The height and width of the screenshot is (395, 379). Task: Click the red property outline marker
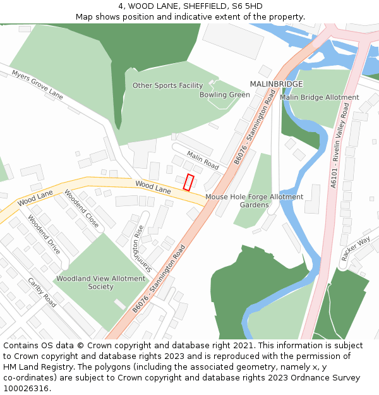coord(188,182)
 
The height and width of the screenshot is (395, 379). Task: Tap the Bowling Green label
coord(224,95)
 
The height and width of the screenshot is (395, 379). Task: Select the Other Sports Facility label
coord(167,85)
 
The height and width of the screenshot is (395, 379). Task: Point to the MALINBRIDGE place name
coord(276,84)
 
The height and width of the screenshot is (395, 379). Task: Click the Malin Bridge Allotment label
coord(319,97)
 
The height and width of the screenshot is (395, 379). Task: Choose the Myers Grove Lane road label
coord(37,85)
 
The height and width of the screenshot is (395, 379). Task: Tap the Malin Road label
coord(202,160)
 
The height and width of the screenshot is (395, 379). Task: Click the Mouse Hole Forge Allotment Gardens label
coord(254,201)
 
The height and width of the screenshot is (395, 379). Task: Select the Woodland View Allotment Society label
coord(101,283)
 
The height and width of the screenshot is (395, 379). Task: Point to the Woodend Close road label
coord(81,209)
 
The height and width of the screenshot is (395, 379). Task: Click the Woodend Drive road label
coord(44,234)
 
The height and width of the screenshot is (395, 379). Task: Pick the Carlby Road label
coord(42,293)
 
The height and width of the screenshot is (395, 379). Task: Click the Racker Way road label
coord(355,249)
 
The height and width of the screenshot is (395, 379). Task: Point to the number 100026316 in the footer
coord(27,388)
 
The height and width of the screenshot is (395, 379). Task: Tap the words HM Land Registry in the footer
coord(33,367)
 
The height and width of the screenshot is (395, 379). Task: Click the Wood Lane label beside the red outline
coord(153,187)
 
